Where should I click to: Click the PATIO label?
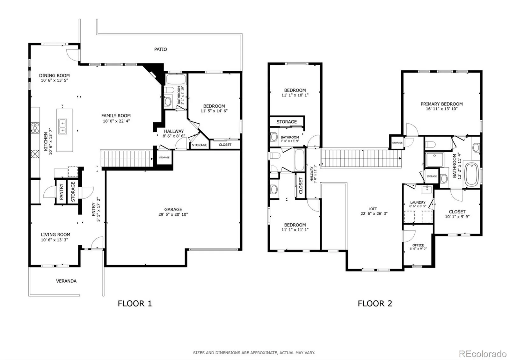point(161,49)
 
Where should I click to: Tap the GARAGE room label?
point(173,209)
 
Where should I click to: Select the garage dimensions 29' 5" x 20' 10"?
point(173,214)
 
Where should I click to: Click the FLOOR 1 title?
point(135,304)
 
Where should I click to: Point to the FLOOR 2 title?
point(375,304)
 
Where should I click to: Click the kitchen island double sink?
point(62,126)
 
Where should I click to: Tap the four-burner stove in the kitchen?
point(35,128)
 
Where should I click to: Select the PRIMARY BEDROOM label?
point(442,104)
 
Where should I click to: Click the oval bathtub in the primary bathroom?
point(471,175)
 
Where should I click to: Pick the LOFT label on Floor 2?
point(373,209)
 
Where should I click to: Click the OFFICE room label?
point(418,245)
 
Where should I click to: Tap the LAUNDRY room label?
point(418,202)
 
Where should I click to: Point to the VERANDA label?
point(66,281)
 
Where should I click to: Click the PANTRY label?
point(61,192)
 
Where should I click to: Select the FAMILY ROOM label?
point(116,116)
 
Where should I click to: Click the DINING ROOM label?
point(55,76)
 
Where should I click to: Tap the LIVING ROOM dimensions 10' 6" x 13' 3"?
point(55,240)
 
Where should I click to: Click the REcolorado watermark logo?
point(483,354)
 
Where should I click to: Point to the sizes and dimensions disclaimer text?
point(254,353)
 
